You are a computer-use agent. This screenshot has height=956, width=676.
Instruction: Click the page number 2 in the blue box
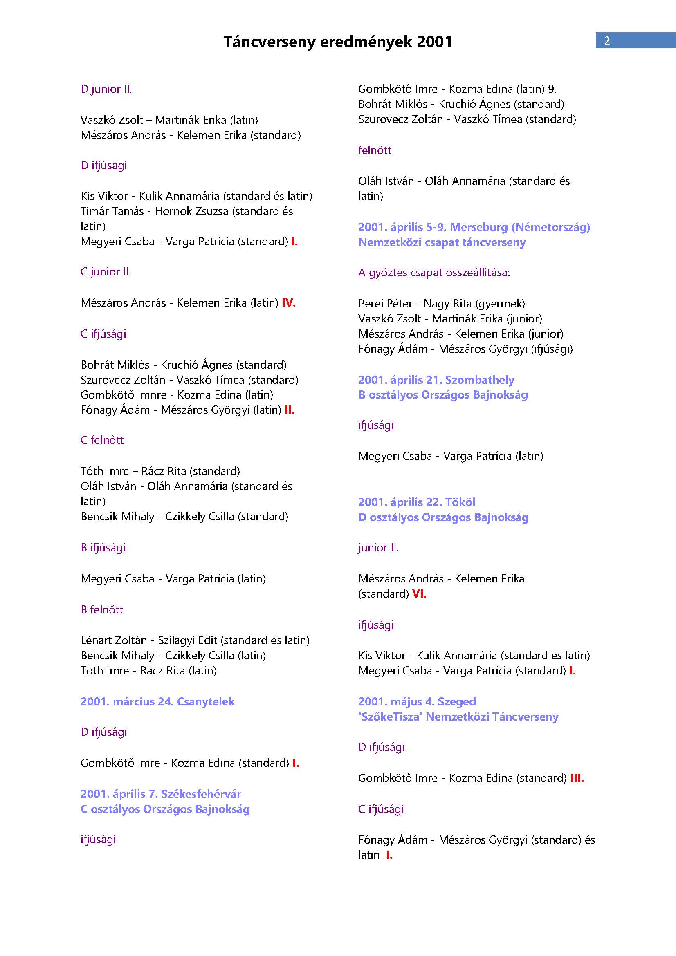[607, 40]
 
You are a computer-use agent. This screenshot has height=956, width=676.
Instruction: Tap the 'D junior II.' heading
[106, 89]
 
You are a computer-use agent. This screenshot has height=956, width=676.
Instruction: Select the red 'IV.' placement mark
[289, 303]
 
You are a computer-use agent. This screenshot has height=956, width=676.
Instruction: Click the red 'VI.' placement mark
[419, 594]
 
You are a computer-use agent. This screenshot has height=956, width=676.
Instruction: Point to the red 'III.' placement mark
[577, 778]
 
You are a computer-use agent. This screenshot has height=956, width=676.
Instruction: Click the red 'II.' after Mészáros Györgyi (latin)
[290, 410]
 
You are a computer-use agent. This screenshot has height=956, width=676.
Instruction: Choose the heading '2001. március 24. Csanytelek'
[157, 702]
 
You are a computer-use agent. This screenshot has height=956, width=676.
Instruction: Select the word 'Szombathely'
[479, 380]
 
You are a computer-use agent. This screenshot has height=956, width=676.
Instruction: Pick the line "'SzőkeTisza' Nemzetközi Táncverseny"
[458, 717]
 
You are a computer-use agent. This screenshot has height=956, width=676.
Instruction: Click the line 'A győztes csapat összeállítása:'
[434, 273]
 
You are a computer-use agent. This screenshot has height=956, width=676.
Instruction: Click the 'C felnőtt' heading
[102, 440]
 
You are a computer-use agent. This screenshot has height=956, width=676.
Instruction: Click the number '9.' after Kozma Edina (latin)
[552, 89]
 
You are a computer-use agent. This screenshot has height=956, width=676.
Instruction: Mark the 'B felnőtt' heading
[102, 609]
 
